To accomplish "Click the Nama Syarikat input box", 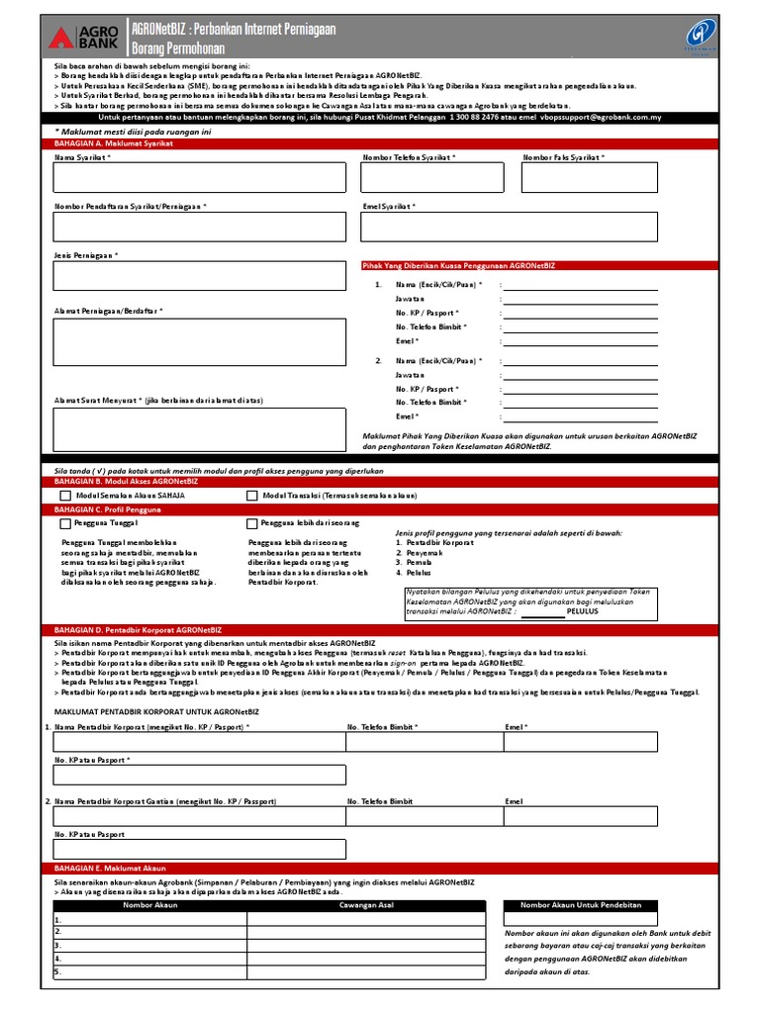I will (x=199, y=177).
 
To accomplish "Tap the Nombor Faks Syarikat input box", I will (x=590, y=177).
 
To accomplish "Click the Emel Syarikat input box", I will (x=509, y=227).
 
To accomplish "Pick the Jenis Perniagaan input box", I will (x=199, y=276).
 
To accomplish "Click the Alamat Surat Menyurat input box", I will (x=199, y=429).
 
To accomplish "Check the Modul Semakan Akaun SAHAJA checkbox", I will (x=65, y=496).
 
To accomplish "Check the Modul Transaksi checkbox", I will (x=252, y=496).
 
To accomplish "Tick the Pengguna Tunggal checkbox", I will (x=65, y=523).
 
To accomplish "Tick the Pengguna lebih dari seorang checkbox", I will (x=252, y=523).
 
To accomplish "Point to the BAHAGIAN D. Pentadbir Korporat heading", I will (x=139, y=628).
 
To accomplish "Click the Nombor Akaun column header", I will (x=149, y=905).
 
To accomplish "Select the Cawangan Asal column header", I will (x=366, y=905).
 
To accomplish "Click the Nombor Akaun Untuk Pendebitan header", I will (x=581, y=905).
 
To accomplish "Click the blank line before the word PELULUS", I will (x=542, y=611).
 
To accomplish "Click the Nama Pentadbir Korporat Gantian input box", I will (x=199, y=817).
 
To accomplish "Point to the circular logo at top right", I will (x=704, y=35).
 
